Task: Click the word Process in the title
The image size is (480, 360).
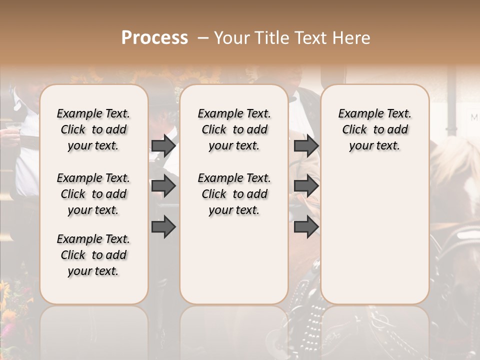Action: tap(154, 37)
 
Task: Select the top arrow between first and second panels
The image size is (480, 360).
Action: tap(163, 145)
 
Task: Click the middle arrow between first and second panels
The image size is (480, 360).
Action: tap(163, 186)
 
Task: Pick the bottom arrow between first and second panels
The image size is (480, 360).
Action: tap(163, 227)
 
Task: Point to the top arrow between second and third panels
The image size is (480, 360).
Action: tap(306, 145)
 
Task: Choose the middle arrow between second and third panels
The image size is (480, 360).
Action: tap(306, 186)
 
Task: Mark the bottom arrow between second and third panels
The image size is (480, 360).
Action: tap(306, 227)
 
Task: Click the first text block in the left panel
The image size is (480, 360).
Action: tap(93, 129)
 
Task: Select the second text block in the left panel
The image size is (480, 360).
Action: tap(93, 194)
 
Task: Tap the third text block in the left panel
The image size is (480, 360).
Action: tap(93, 255)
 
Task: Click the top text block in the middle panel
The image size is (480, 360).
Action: tap(234, 129)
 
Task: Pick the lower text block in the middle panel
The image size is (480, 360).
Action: tap(234, 194)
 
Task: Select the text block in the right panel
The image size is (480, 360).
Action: tap(375, 129)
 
